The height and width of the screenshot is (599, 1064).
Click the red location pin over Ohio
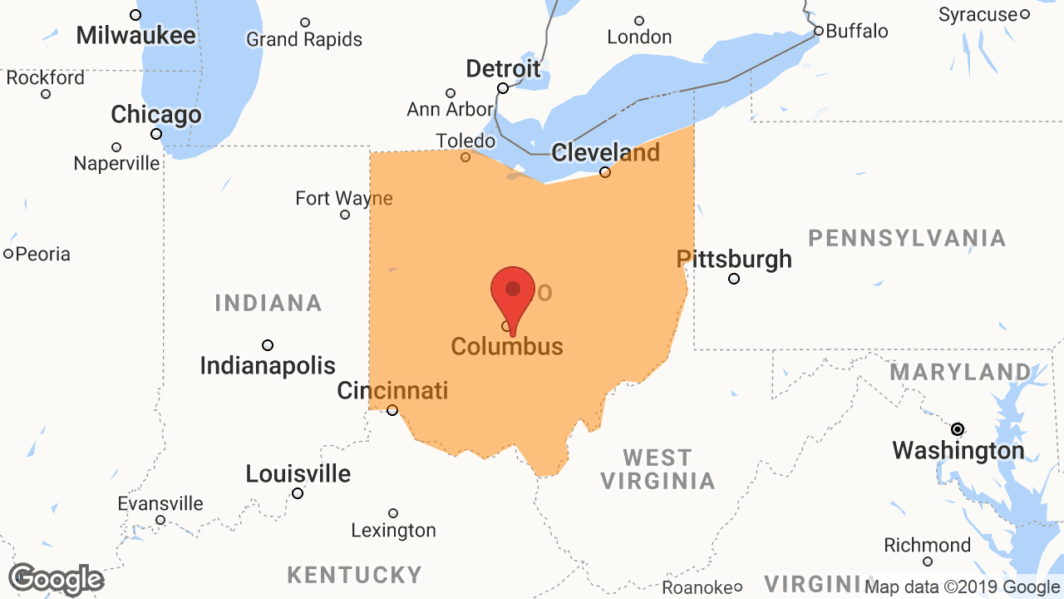(x=513, y=294)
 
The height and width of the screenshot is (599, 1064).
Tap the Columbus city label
(x=507, y=346)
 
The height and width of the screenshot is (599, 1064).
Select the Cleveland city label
(x=605, y=153)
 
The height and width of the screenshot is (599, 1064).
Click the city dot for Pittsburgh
(x=734, y=279)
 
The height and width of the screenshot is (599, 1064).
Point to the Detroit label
(x=503, y=68)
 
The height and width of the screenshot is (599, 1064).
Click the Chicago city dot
(x=156, y=134)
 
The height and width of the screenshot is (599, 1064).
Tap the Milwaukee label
(x=136, y=36)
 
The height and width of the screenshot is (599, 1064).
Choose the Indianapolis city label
(x=268, y=365)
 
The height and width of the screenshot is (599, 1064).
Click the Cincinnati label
(x=392, y=390)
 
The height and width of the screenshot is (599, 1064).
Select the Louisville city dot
(x=298, y=493)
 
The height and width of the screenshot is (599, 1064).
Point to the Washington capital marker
(x=958, y=429)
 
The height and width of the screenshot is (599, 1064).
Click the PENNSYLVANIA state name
(x=907, y=239)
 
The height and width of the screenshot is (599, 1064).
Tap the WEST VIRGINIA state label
(x=658, y=469)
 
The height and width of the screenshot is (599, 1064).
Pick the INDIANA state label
(x=268, y=303)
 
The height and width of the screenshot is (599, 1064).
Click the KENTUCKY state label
(x=354, y=575)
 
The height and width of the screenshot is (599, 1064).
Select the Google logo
(x=56, y=580)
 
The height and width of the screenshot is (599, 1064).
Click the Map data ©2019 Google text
(x=963, y=587)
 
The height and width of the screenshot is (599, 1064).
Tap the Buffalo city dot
(x=819, y=31)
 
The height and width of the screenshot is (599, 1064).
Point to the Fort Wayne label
(x=344, y=199)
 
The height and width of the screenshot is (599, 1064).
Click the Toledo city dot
(x=465, y=157)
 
